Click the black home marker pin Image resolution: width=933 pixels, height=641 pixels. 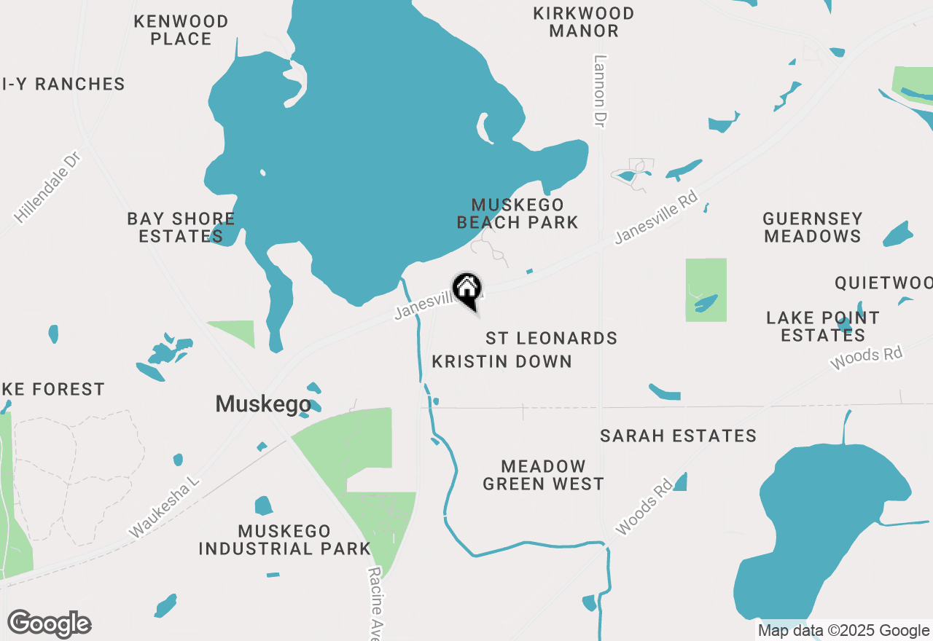pos(467,289)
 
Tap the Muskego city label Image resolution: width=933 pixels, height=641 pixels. pos(262,404)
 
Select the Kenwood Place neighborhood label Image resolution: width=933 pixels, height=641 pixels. pos(181,30)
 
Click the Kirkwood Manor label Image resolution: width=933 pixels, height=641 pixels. pos(585,22)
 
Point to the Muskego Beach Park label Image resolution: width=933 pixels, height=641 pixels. pos(518,213)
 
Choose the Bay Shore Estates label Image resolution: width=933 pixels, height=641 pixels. pos(181,227)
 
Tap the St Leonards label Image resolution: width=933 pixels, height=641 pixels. pos(551,338)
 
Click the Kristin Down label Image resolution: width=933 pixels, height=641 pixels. pos(501,361)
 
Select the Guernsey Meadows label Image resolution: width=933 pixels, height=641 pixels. pos(812,227)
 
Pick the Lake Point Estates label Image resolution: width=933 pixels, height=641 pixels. pos(822,326)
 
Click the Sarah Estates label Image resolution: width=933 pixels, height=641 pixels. pos(678,436)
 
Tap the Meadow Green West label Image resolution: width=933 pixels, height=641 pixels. pos(543,475)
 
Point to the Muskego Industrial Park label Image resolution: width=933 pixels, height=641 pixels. pos(284,540)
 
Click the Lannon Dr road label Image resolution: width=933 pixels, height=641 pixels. pos(600,92)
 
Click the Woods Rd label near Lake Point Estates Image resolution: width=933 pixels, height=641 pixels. pos(867,358)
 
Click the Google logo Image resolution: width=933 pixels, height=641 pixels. pos(50,624)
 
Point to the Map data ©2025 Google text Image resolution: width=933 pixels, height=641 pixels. pos(843,631)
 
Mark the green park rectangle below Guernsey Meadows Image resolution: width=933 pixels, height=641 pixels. pos(706,289)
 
